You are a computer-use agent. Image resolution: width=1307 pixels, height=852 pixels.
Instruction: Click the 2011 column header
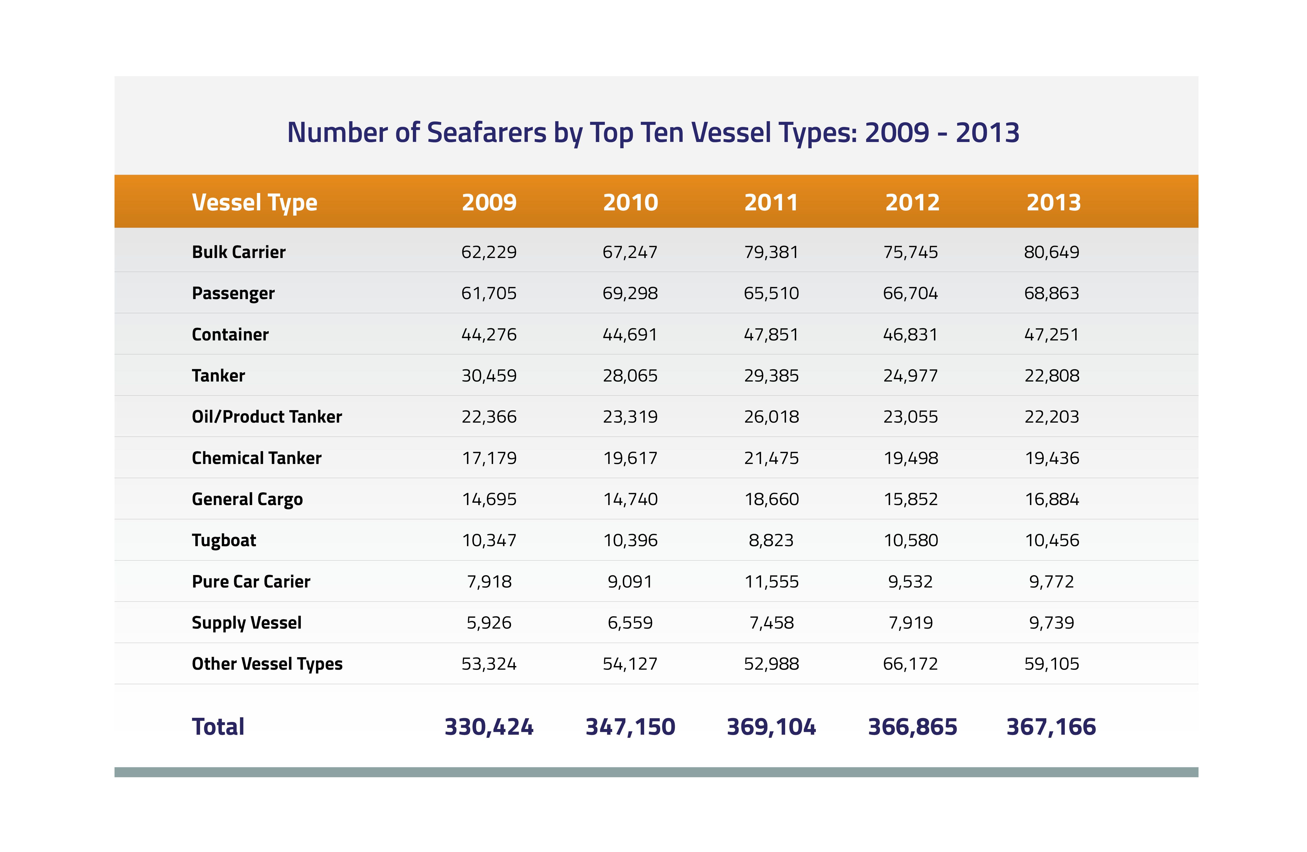point(771,203)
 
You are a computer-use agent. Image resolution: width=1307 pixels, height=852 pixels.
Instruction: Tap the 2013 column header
point(1053,203)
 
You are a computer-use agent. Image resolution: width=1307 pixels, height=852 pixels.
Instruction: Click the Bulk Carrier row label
point(239,252)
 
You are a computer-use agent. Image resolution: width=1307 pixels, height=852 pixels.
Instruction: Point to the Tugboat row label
point(224,540)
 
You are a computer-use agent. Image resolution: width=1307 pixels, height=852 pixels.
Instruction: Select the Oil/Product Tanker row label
point(267,417)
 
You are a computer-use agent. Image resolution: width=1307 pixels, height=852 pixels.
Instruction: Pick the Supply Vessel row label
point(247,623)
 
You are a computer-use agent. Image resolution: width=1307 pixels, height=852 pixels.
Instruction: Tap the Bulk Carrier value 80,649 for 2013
point(1052,252)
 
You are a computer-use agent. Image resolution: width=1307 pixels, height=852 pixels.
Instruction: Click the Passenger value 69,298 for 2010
point(630,293)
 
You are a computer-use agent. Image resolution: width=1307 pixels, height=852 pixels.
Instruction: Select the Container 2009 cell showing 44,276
point(489,334)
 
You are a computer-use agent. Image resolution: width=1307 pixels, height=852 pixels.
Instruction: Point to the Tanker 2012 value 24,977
point(911,376)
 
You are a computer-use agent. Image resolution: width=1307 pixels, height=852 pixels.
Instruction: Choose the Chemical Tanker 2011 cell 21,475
point(771,458)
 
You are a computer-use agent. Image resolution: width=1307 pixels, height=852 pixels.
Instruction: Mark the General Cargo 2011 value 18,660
point(771,499)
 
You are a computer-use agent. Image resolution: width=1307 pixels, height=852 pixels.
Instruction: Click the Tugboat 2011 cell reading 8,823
point(771,540)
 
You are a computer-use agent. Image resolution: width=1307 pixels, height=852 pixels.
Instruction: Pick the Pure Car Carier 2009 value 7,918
point(489,581)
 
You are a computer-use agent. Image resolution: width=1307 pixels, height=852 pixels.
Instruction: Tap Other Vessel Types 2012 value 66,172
point(911,664)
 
